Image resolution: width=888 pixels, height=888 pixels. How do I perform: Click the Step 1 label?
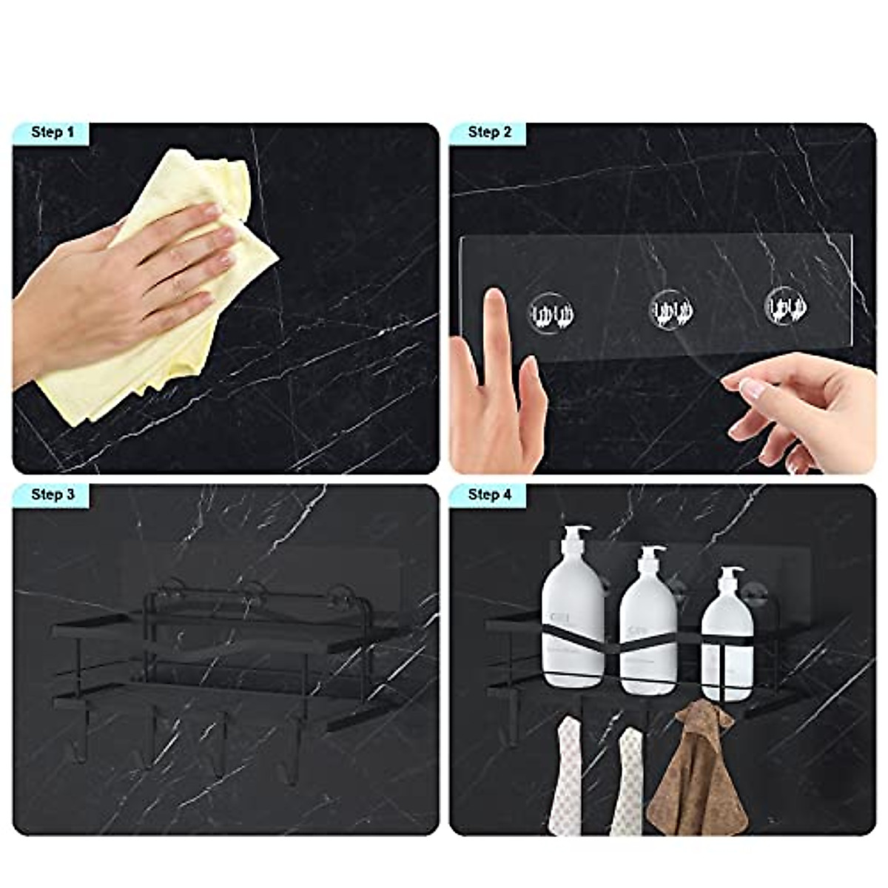tap(52, 133)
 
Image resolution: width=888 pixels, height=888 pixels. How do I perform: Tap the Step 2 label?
tap(489, 133)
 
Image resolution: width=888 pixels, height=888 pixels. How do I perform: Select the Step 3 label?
tap(52, 495)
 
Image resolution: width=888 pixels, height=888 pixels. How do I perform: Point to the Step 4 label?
tap(489, 495)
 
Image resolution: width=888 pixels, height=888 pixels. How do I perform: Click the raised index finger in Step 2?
tap(494, 326)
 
